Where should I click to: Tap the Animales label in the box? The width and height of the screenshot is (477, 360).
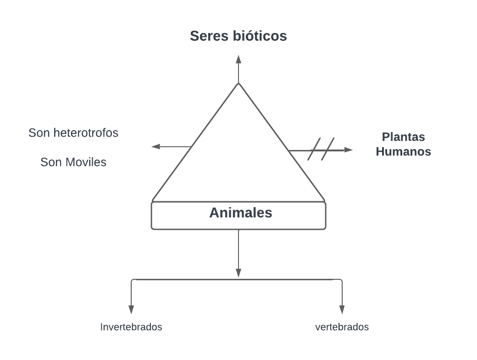click(x=240, y=213)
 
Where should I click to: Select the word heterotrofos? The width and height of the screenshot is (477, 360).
click(x=86, y=133)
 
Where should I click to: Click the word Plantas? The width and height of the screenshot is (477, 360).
click(x=404, y=137)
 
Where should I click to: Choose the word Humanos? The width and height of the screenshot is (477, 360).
click(x=404, y=152)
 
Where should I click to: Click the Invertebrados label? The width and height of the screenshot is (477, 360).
click(x=131, y=327)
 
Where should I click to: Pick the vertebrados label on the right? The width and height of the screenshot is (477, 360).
click(x=342, y=327)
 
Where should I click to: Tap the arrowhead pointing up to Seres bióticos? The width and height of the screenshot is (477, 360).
click(x=238, y=59)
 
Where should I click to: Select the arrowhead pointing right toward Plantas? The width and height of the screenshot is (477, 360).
click(x=349, y=150)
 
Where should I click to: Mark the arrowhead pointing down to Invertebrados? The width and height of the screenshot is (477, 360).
click(x=131, y=310)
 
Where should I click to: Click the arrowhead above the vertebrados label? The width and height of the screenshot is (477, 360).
click(x=342, y=310)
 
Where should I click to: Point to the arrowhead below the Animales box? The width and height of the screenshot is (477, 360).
click(x=238, y=272)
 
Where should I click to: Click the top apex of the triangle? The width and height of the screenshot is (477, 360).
click(x=238, y=83)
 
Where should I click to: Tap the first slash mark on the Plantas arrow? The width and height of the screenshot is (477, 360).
click(x=314, y=149)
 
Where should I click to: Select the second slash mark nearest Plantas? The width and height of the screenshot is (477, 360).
click(x=327, y=149)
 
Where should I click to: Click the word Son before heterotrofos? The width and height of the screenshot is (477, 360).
click(x=39, y=133)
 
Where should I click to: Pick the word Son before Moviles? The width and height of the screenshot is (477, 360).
click(x=50, y=162)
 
